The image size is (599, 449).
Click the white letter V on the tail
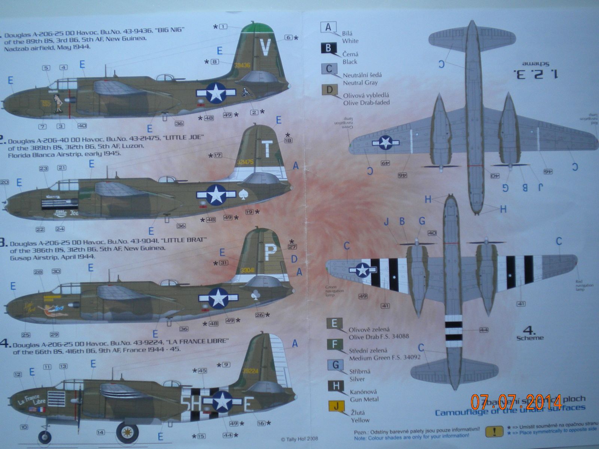pyautogui.click(x=265, y=48)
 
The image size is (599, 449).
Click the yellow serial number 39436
pyautogui.click(x=242, y=65)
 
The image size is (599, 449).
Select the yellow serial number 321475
pyautogui.click(x=245, y=162)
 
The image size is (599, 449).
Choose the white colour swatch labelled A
pyautogui.click(x=328, y=28)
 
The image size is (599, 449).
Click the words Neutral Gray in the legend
pyautogui.click(x=360, y=83)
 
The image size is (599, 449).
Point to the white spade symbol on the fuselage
pyautogui.click(x=242, y=195)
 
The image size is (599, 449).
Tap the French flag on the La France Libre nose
pyautogui.click(x=41, y=410)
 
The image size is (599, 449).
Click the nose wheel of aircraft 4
pyautogui.click(x=45, y=437)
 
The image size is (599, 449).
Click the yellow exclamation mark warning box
pyautogui.click(x=494, y=431)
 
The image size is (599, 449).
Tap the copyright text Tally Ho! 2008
pyautogui.click(x=299, y=439)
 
